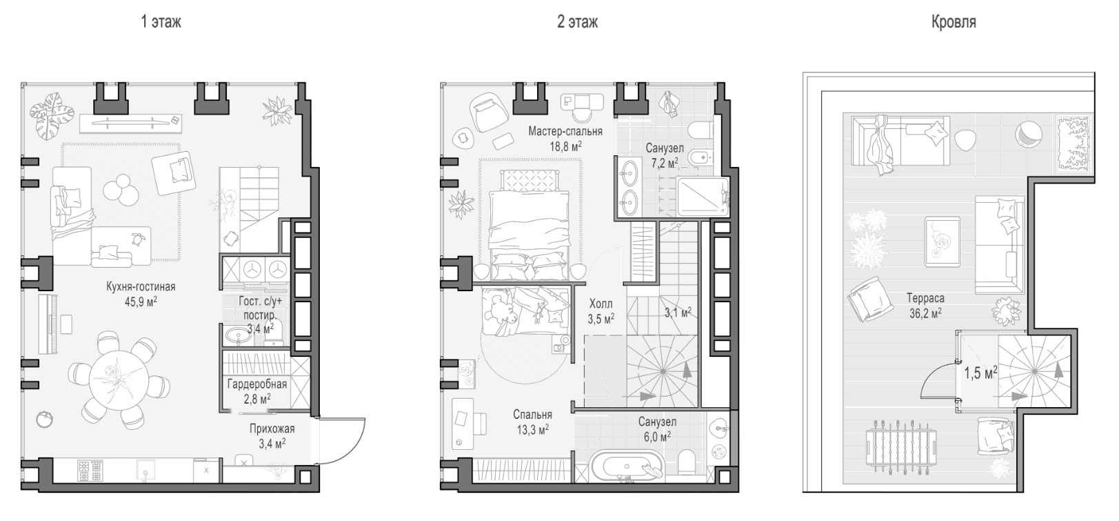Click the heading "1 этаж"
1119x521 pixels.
(161, 22)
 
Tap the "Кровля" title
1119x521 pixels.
(954, 22)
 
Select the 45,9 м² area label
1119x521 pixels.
(141, 302)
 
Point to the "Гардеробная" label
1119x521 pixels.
(257, 384)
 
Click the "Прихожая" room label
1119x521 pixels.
(272, 429)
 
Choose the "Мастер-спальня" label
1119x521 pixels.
(565, 131)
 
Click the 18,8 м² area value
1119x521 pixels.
(565, 146)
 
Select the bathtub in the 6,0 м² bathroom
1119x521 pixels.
(627, 466)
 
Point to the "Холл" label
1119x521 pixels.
(601, 304)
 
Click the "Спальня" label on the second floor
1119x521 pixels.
(532, 415)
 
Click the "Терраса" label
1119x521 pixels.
(925, 299)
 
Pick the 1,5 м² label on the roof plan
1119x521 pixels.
(980, 373)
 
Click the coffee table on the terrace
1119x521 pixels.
(942, 242)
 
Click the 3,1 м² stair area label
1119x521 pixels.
(678, 313)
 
